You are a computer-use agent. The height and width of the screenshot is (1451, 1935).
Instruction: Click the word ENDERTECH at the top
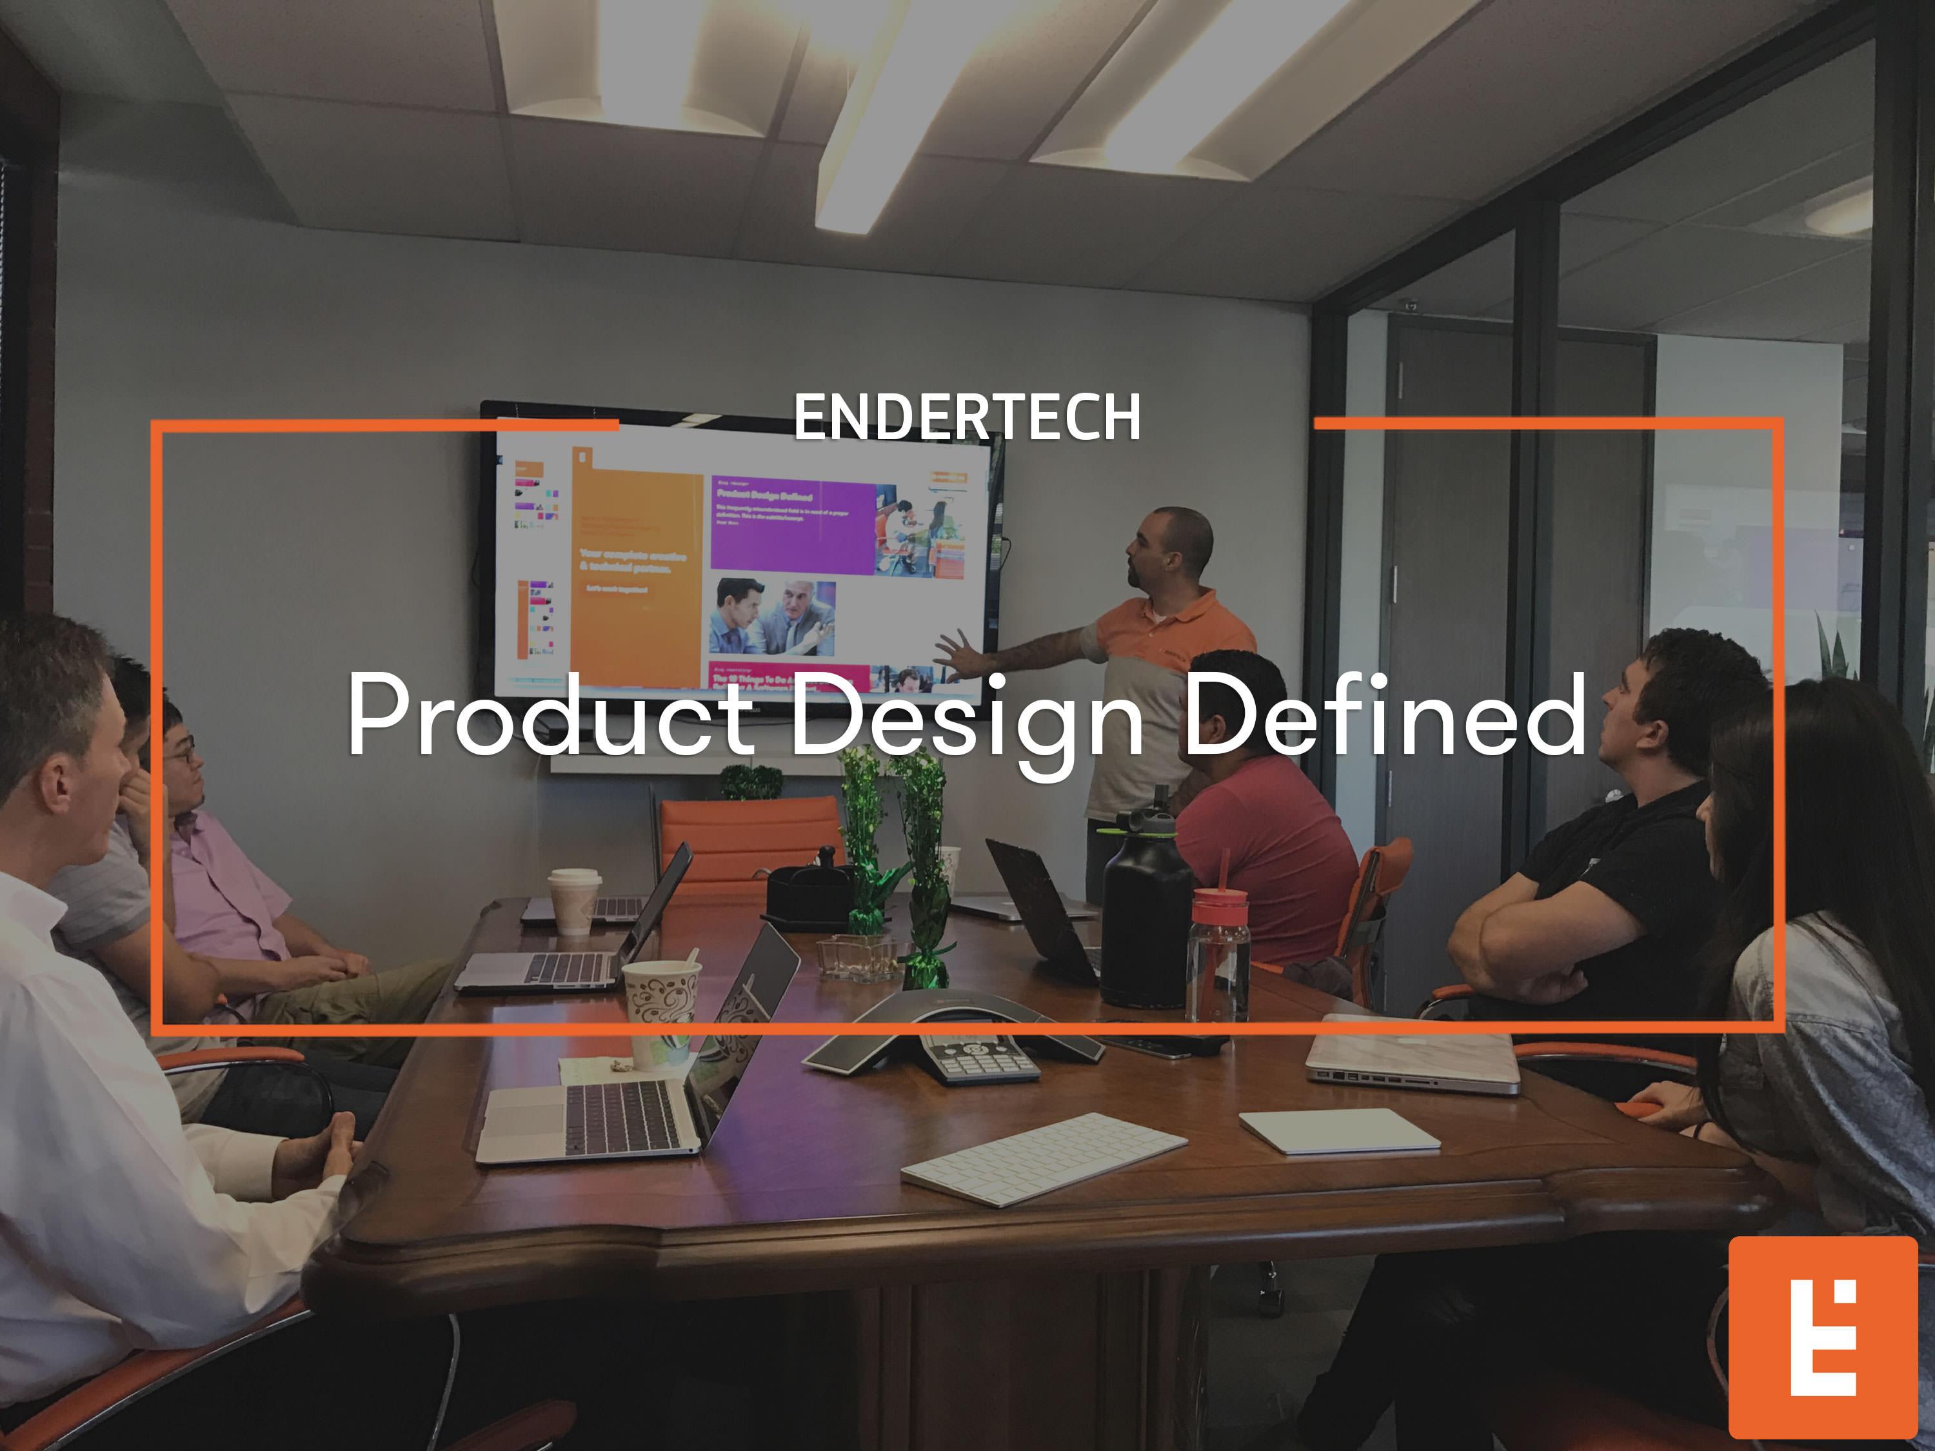967,417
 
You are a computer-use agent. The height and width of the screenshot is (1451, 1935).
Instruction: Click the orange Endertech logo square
1822,1337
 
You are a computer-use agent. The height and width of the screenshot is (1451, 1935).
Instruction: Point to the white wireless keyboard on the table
1044,1158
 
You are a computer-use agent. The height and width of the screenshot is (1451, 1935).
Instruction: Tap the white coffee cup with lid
574,900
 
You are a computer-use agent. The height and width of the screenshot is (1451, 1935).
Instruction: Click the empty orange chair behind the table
748,840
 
